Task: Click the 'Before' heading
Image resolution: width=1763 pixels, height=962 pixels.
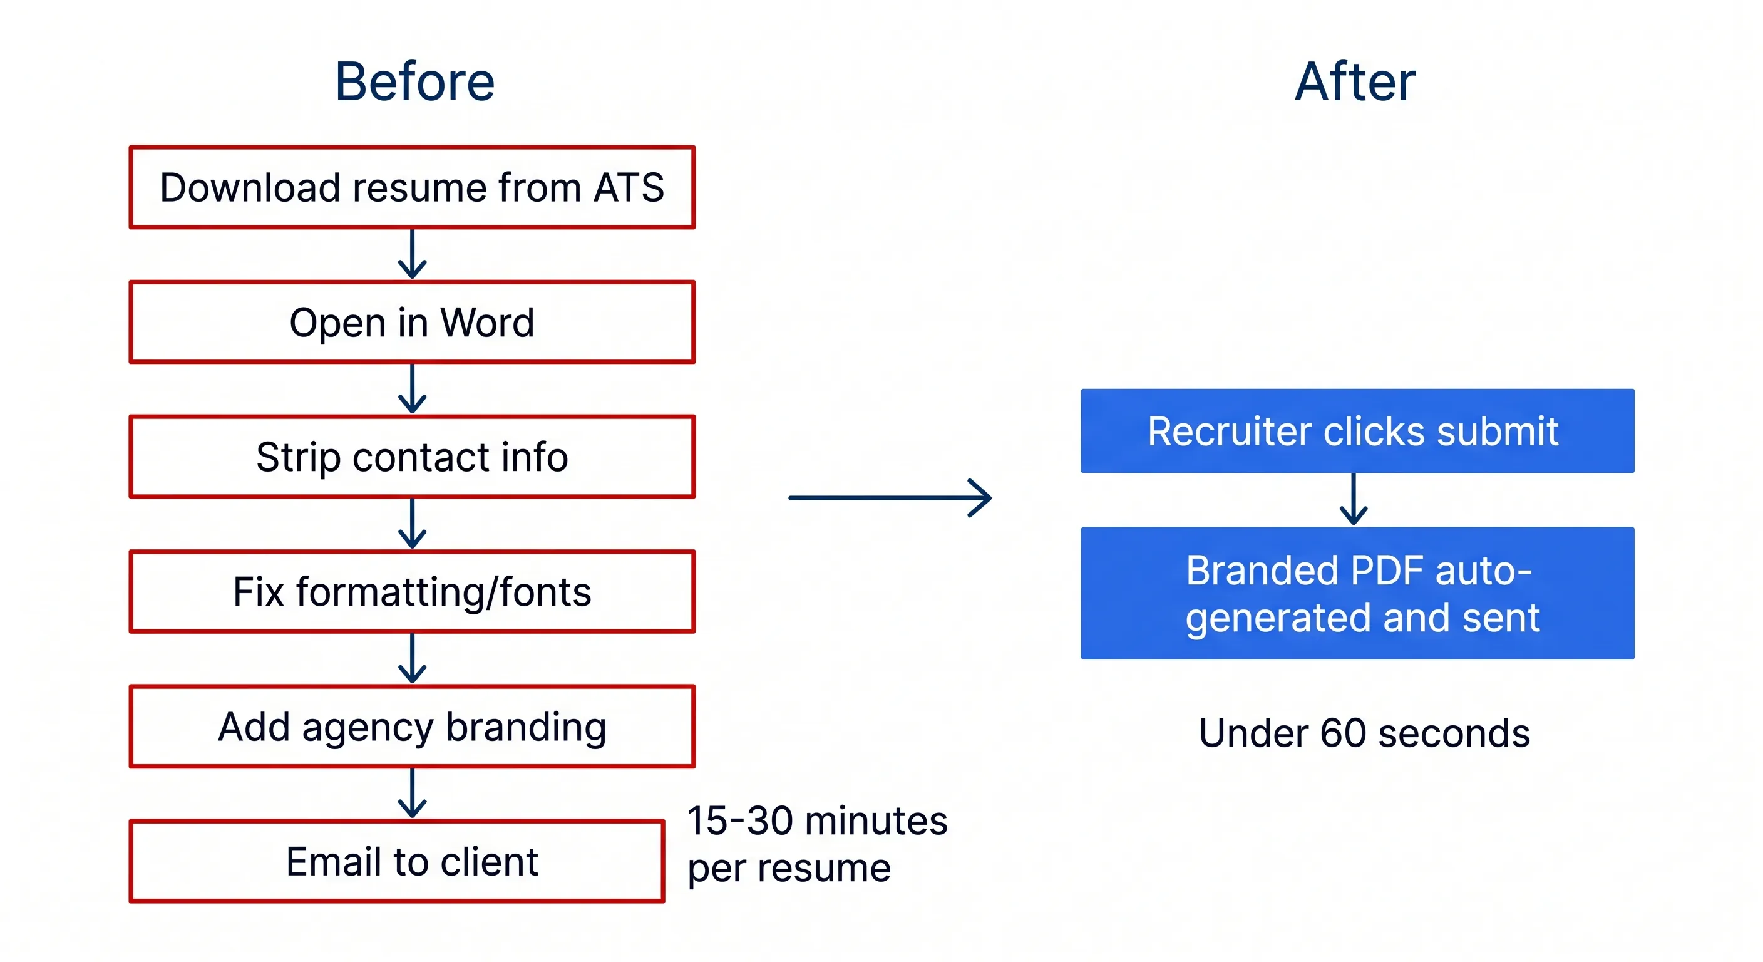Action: pos(414,82)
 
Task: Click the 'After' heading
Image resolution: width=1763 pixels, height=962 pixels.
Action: pos(1354,82)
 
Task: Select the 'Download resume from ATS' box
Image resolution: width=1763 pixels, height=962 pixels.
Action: pos(412,187)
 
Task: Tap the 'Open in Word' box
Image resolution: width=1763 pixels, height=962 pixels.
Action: pos(412,322)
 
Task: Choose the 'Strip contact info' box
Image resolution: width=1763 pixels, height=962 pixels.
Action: pos(412,457)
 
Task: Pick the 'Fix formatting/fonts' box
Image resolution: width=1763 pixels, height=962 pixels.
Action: pos(412,592)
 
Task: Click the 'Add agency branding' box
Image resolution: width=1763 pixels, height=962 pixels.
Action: pos(412,727)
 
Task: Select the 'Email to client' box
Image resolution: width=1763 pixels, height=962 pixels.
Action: pos(397,861)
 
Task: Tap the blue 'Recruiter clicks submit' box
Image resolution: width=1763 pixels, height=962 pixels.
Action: pos(1357,432)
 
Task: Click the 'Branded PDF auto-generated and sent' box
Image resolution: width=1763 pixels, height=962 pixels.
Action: pos(1357,593)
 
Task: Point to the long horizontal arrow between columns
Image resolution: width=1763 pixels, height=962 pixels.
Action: pos(890,498)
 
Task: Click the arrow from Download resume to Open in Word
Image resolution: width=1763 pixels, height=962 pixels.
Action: pos(412,255)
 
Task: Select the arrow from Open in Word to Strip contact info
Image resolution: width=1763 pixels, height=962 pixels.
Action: pos(412,389)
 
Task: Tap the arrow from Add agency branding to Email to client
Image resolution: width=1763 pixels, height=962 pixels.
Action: pos(412,794)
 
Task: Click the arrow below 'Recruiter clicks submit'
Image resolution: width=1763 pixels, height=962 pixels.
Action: pos(1353,500)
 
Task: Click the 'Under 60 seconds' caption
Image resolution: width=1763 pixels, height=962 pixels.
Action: pos(1364,733)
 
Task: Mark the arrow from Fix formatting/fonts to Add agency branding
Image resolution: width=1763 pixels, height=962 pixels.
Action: pos(412,659)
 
